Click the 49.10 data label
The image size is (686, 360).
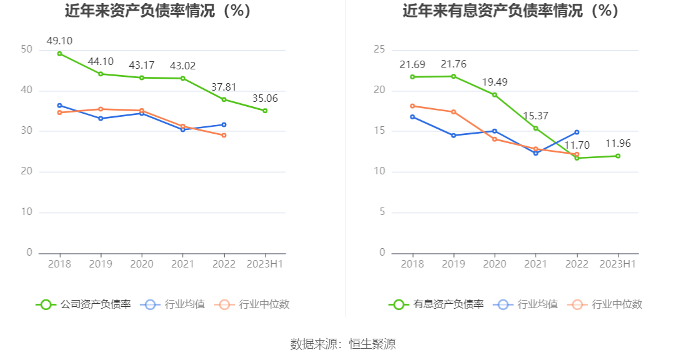[60, 41]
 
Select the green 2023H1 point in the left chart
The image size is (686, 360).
[265, 111]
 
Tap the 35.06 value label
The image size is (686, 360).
[265, 98]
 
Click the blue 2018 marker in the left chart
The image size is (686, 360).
[59, 106]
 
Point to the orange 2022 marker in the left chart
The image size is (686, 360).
[224, 135]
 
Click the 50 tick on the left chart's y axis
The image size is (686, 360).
[26, 49]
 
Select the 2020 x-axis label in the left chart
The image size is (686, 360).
[141, 264]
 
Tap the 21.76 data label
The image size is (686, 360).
[454, 64]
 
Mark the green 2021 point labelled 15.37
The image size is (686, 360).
[535, 128]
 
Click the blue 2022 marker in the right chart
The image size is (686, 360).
[577, 132]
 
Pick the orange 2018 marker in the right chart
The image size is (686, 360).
[412, 106]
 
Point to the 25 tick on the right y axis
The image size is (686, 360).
[379, 49]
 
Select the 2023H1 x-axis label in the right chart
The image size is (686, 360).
[617, 264]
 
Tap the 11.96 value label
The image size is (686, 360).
[618, 144]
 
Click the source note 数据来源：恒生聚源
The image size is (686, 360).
[343, 344]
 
